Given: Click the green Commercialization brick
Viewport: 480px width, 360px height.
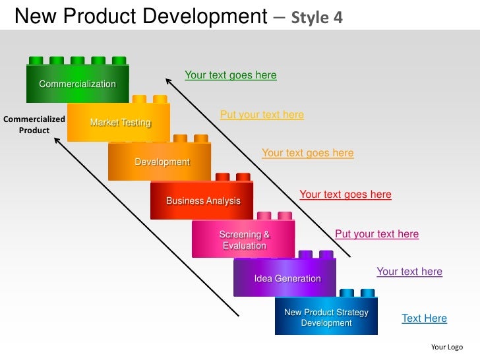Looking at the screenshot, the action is point(77,84).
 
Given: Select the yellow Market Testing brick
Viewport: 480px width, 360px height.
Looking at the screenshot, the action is point(119,123).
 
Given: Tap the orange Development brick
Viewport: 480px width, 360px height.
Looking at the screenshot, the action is point(161,162).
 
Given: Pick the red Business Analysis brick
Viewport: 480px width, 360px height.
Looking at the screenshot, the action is point(202,200).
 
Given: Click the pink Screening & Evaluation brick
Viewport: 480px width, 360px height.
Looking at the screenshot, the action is point(244,240).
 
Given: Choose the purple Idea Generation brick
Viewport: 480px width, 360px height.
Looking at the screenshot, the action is point(286,278).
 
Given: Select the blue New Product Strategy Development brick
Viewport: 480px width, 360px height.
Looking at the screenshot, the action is point(326,317).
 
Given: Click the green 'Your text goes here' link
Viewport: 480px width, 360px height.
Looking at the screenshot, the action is point(230,75).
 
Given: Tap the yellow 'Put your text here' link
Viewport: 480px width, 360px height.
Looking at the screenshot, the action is point(262,115).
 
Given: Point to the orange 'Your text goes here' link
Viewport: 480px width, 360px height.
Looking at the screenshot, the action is point(307,153).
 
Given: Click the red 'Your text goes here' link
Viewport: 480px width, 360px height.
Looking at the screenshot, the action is point(345,195).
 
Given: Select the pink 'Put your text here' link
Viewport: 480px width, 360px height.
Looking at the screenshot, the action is point(376,234).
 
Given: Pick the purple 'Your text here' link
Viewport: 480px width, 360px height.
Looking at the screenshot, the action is point(409,272).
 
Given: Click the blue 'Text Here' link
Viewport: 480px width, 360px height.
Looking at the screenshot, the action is point(424,318).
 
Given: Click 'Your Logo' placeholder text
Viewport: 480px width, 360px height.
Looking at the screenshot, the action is point(446,347).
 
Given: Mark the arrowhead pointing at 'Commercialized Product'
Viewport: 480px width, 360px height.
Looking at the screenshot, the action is point(57,140).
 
